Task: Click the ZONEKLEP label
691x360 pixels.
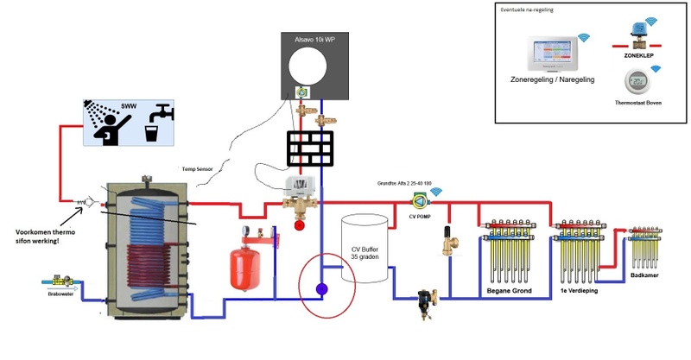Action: point(640,54)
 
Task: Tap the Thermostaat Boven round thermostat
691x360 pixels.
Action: point(639,82)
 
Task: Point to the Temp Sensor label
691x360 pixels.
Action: point(197,169)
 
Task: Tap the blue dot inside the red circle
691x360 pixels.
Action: point(322,289)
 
